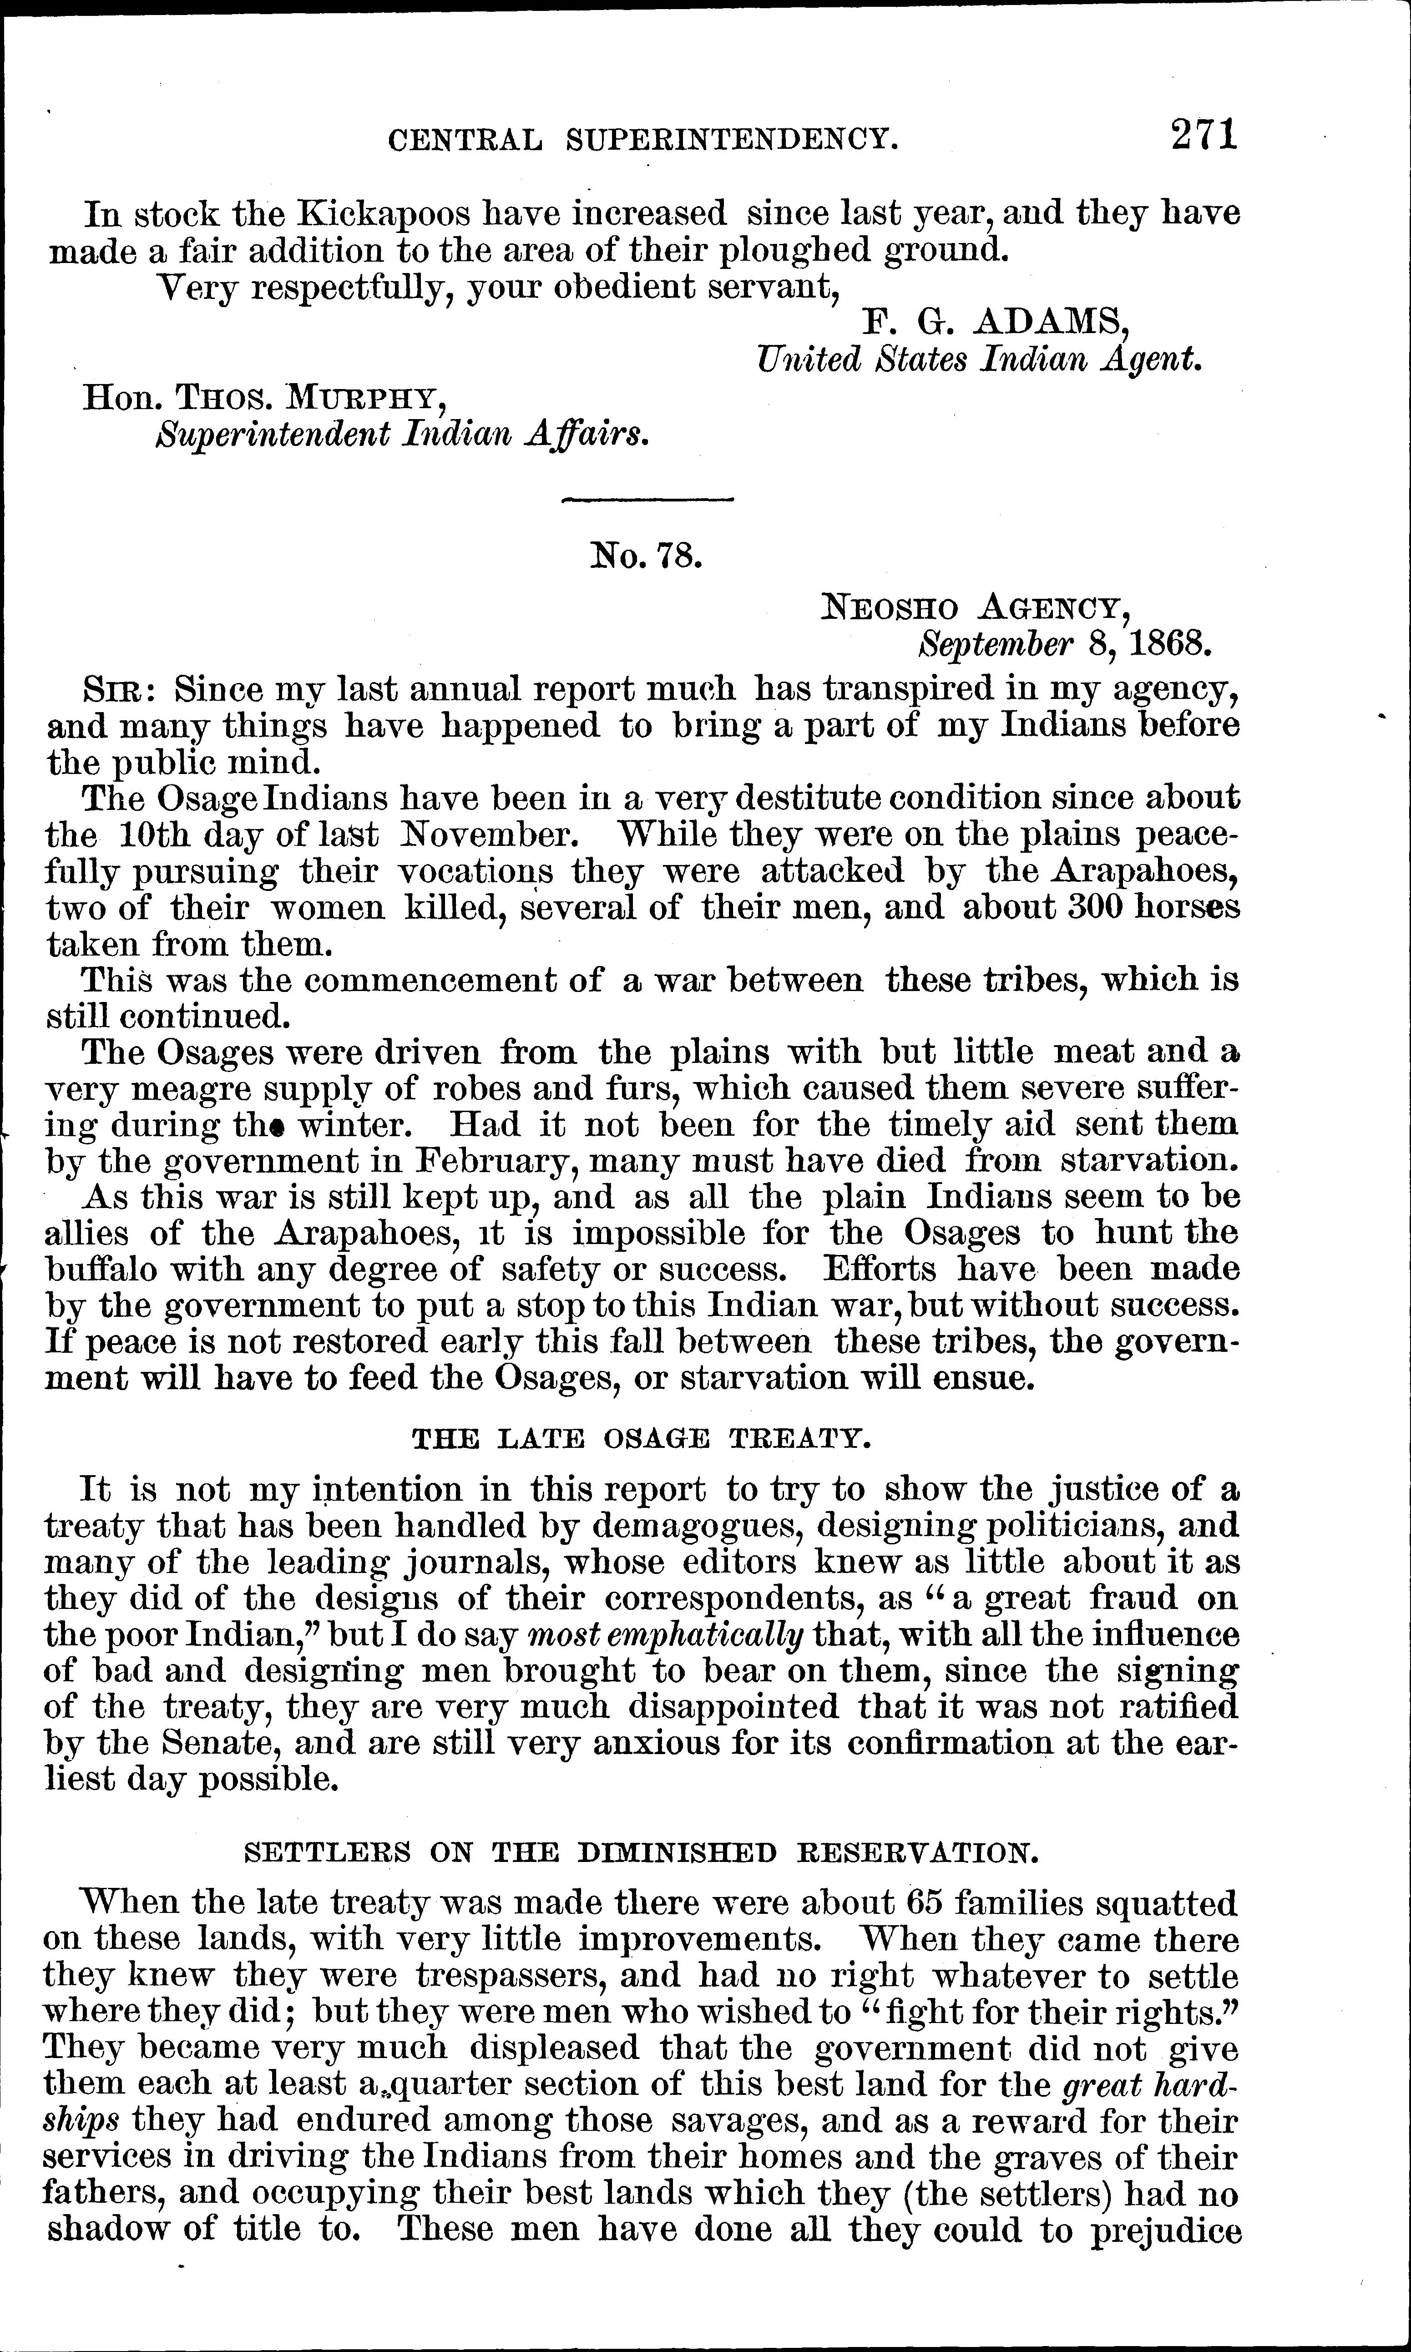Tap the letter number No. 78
[x=647, y=554]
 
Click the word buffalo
[x=107, y=1269]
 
